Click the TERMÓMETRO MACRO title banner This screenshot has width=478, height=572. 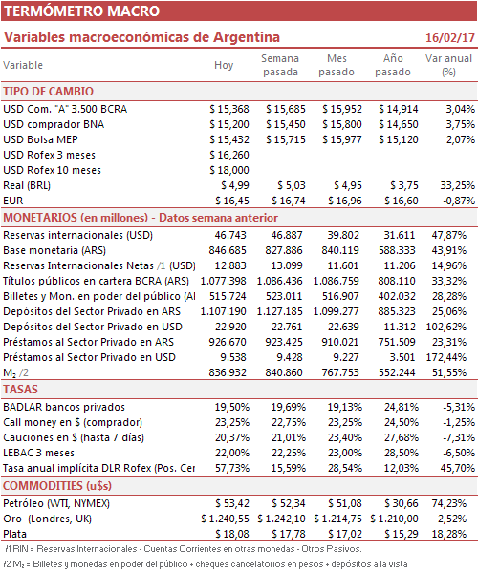(x=239, y=11)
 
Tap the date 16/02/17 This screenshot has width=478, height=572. (x=450, y=37)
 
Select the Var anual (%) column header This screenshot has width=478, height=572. (x=448, y=65)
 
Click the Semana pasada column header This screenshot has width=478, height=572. (x=280, y=65)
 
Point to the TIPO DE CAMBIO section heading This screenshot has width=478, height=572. (x=48, y=92)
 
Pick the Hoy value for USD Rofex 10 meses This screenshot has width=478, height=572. (x=229, y=170)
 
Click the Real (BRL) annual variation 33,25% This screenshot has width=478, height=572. (x=457, y=185)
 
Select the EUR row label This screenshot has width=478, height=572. (x=13, y=201)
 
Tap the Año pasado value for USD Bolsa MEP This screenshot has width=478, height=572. (x=399, y=139)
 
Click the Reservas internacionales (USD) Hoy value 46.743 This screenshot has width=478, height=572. (x=230, y=235)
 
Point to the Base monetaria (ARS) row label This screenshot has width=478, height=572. (x=54, y=250)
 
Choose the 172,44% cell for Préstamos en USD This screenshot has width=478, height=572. (x=446, y=357)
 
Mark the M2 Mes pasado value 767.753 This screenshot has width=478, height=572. (x=340, y=372)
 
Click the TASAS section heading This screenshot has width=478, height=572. (x=20, y=390)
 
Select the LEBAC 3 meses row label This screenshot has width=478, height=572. (x=38, y=453)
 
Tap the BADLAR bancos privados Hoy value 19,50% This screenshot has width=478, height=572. (x=232, y=407)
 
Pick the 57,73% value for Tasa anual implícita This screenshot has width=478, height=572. (x=232, y=468)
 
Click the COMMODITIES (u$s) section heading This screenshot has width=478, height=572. (x=57, y=486)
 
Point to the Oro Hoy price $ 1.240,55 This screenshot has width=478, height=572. (x=225, y=519)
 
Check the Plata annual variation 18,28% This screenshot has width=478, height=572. (x=449, y=534)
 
